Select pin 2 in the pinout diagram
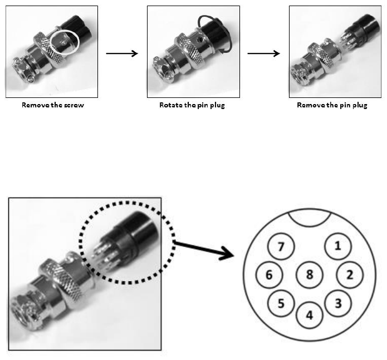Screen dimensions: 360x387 click(350, 274)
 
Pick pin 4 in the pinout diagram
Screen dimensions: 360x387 click(309, 314)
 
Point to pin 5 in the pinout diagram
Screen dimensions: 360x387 click(281, 303)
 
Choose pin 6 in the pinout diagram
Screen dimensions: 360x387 click(269, 274)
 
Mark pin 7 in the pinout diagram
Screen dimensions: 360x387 click(281, 246)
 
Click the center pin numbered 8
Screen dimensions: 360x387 click(310, 274)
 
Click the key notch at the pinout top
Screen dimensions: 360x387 click(310, 216)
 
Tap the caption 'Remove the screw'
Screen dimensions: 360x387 click(52, 105)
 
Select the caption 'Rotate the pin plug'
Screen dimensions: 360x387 click(192, 105)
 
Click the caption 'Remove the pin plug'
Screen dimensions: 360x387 click(332, 105)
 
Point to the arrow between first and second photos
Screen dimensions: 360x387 click(121, 53)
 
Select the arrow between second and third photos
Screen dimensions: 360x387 click(263, 53)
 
